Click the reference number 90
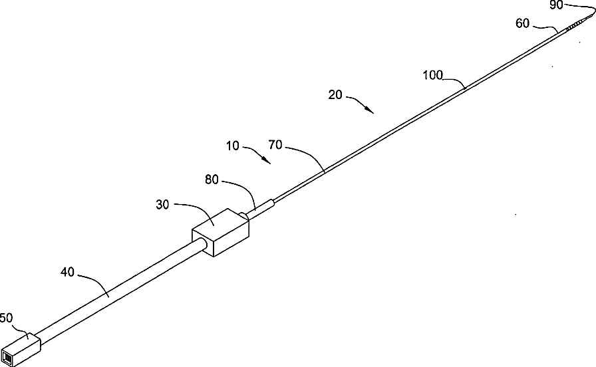point(557,5)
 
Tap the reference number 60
point(523,23)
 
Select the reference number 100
point(434,75)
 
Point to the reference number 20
point(335,95)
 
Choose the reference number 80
point(214,180)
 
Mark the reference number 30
point(164,205)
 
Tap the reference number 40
point(69,273)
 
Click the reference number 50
point(7,318)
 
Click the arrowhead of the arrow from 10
point(269,162)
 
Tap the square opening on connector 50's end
point(9,360)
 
